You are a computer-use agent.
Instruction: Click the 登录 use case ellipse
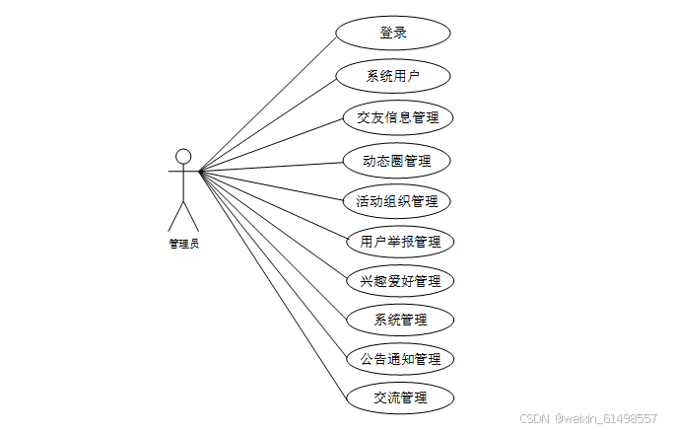[393, 33]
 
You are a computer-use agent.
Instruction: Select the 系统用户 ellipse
[393, 76]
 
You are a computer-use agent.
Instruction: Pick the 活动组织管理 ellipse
[397, 202]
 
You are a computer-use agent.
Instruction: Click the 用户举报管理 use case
[400, 242]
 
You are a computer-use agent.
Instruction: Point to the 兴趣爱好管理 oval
[400, 281]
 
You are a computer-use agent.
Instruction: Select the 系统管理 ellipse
[401, 320]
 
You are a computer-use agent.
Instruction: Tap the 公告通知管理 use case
[400, 358]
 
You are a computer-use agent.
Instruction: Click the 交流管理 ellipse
[400, 397]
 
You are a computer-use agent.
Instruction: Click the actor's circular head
[183, 156]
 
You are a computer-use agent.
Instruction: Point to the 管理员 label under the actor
[183, 244]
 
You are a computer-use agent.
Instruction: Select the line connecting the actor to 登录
[268, 102]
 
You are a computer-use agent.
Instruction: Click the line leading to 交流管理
[273, 284]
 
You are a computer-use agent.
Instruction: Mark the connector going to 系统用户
[268, 123]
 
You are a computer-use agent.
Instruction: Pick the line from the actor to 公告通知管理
[273, 264]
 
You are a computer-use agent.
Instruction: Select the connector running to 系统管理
[273, 245]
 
